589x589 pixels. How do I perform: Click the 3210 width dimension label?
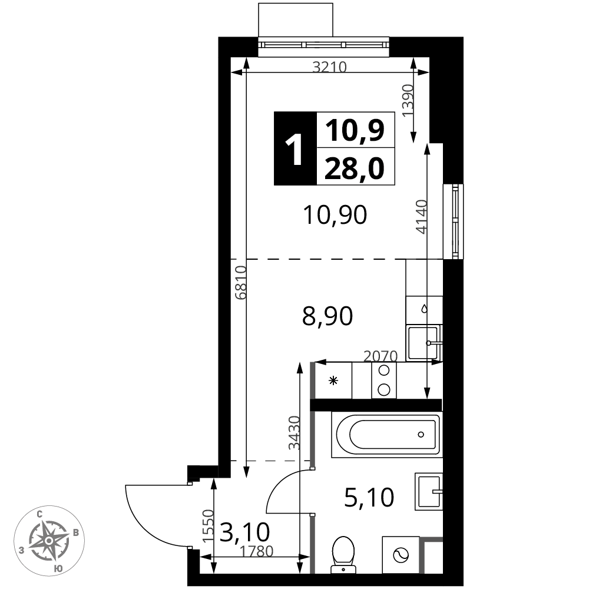pos(329,67)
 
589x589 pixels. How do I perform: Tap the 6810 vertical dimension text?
pos(240,283)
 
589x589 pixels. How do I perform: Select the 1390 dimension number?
pos(408,100)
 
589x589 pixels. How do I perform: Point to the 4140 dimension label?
pos(422,217)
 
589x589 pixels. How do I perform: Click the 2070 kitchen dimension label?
pos(380,356)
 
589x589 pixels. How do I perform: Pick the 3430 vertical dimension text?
pos(294,433)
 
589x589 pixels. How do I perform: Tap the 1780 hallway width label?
pos(257,551)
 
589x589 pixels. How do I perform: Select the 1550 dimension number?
pos(208,526)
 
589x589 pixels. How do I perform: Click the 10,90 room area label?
pos(335,215)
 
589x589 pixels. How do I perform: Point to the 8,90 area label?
pos(327,316)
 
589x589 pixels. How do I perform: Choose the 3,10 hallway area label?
pos(244,532)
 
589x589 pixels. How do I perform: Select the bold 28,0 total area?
pos(355,168)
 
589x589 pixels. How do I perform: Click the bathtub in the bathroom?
pos(387,435)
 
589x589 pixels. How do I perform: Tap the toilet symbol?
pos(343,555)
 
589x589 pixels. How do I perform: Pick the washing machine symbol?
pos(401,555)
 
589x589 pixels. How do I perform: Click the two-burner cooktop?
pos(384,380)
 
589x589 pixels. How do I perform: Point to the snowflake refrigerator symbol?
pos(333,381)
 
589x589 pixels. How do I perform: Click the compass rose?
pos(49,541)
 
